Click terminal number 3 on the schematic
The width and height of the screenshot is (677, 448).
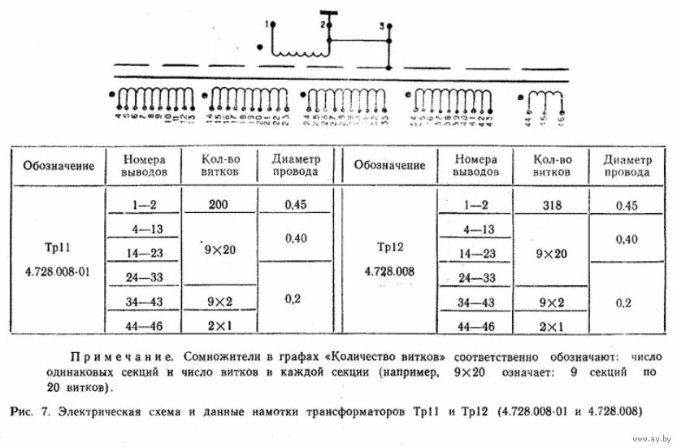coord(381,27)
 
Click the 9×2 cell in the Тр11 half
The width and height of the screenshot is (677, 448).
coord(218,302)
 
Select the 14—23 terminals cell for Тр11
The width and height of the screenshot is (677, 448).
coord(145,254)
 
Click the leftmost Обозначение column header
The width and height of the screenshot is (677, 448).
coord(59,166)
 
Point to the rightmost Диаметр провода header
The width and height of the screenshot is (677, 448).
coord(627,166)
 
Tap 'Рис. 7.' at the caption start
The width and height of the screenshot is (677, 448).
coord(32,412)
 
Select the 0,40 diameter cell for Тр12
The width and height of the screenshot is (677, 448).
coord(627,239)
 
